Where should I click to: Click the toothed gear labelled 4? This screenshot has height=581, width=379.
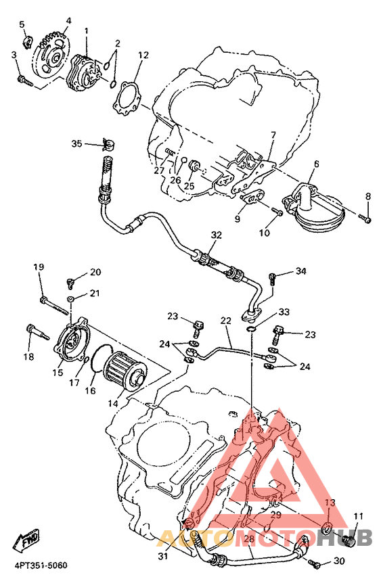[x=51, y=57]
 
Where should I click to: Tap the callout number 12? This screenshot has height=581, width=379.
[x=143, y=55]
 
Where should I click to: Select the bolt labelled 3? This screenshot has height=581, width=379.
[x=24, y=80]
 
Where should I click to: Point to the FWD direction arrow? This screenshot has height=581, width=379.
[x=26, y=540]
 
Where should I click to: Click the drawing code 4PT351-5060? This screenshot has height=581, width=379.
[x=41, y=565]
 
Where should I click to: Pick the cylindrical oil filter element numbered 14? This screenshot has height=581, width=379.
[x=125, y=373]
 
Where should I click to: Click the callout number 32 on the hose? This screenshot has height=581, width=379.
[x=216, y=235]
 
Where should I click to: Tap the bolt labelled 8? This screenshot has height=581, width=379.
[x=365, y=218]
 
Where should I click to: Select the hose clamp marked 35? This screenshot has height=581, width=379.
[x=108, y=144]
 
